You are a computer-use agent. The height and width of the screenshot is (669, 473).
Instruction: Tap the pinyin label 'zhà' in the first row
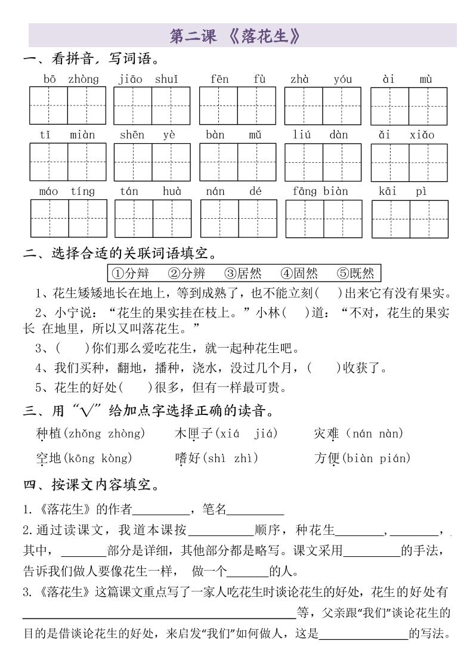(x=299, y=79)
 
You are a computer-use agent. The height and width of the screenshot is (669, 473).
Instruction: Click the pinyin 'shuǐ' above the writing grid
(x=166, y=79)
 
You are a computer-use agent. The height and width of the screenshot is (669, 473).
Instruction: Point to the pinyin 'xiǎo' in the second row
(x=422, y=135)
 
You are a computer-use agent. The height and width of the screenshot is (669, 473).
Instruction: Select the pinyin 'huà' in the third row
(x=172, y=191)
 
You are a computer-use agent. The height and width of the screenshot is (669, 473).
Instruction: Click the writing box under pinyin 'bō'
(x=48, y=106)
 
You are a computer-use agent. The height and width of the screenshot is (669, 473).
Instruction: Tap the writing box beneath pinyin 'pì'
(x=429, y=218)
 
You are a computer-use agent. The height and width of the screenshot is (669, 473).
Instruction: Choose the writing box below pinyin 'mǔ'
(x=256, y=162)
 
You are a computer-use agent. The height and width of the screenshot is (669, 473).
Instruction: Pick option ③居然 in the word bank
(x=243, y=273)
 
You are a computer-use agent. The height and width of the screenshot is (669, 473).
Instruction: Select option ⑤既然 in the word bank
(x=355, y=273)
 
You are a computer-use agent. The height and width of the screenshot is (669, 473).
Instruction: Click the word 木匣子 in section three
(x=193, y=433)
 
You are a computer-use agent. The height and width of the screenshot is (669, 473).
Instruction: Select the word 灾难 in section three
(x=327, y=433)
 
